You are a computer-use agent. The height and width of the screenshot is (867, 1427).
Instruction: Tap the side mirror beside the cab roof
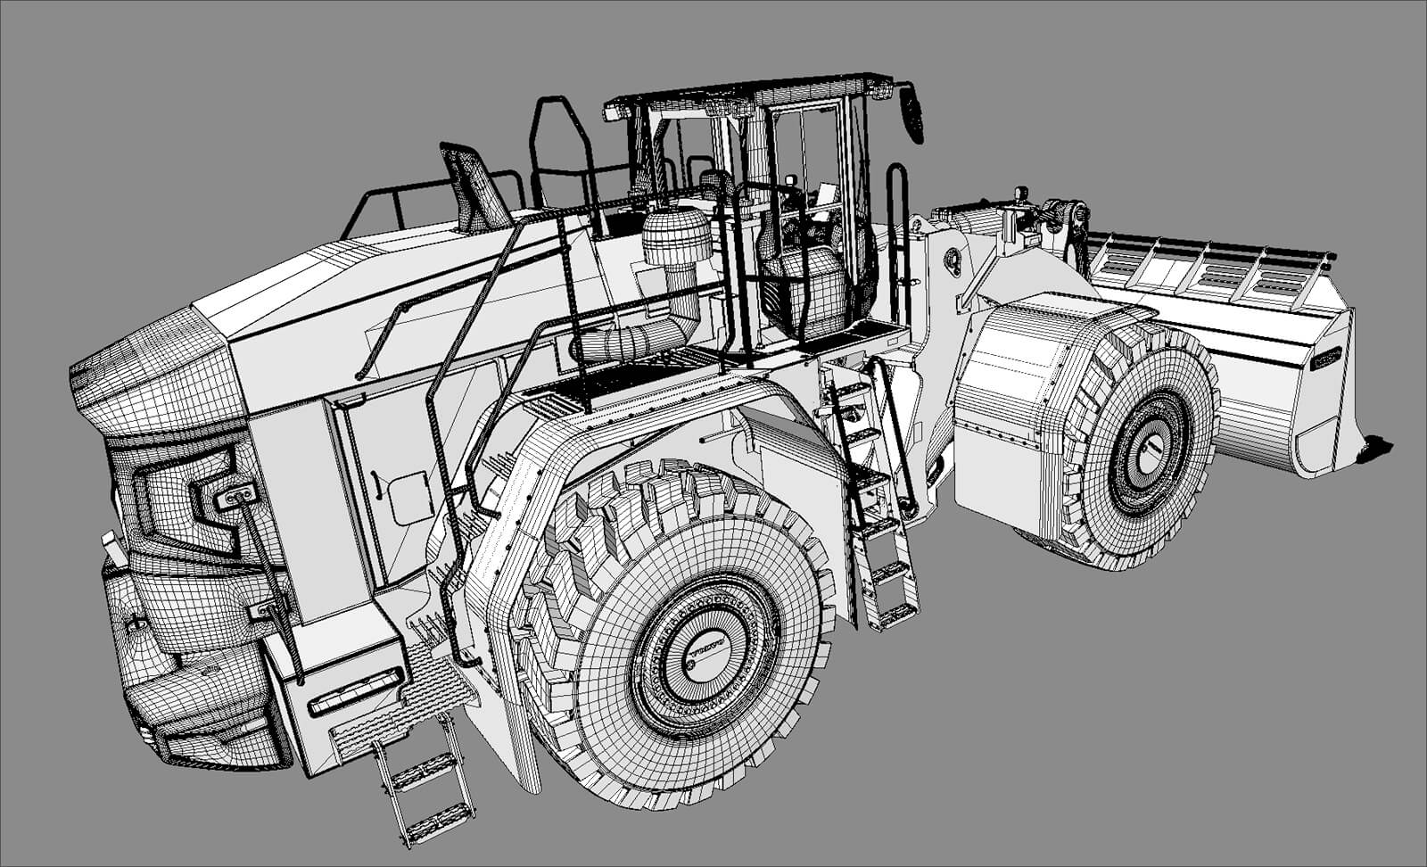tap(915, 112)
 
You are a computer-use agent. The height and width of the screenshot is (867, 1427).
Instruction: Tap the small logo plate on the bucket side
tap(1326, 357)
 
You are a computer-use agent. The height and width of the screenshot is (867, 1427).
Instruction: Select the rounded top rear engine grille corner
tap(152, 375)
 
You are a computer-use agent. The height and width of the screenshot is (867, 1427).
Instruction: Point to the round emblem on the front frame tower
tap(953, 259)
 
